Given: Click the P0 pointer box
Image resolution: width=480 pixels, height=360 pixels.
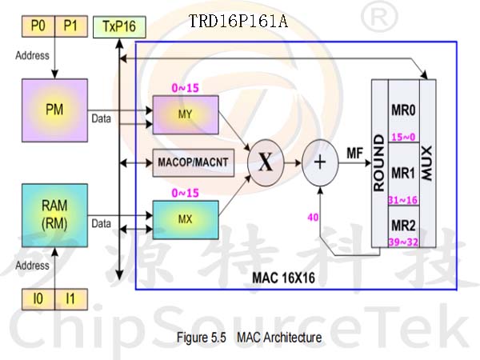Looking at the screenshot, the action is (x=38, y=26).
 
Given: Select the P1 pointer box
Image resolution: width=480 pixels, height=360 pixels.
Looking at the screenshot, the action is (x=71, y=26).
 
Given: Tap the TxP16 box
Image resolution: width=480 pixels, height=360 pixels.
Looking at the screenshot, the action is (x=119, y=27).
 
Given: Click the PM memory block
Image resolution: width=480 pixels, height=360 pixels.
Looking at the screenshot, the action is (x=54, y=110).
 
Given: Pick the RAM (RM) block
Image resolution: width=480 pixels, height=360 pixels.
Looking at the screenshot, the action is (x=54, y=215).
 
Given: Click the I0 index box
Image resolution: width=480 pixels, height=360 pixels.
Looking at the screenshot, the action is (x=38, y=299).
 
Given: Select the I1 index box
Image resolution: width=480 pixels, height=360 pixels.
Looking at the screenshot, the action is (x=71, y=299).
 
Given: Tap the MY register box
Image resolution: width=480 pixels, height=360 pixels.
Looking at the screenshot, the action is (x=186, y=114).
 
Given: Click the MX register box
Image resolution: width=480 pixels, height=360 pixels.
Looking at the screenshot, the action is (x=186, y=220).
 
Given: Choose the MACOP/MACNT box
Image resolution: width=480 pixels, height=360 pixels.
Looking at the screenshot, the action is (x=193, y=162).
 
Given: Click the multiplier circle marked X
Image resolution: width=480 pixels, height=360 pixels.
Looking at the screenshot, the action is (x=266, y=162).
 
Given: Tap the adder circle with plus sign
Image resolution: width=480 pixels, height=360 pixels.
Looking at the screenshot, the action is (x=320, y=162).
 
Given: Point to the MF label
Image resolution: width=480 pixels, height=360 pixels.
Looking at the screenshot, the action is (x=354, y=153).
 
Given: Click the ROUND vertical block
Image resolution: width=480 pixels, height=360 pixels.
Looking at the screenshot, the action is (x=379, y=163).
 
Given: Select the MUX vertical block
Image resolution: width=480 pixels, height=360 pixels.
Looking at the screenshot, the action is (x=427, y=163).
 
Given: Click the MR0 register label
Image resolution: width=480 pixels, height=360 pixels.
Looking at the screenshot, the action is (x=403, y=110).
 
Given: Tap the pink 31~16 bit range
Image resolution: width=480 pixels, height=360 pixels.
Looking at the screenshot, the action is (x=403, y=200).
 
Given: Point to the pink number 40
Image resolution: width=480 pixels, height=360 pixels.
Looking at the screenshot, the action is (x=313, y=218).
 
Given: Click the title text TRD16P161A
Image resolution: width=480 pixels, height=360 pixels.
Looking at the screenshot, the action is (x=238, y=22).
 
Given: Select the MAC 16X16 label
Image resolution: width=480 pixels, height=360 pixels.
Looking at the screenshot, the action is (x=283, y=278).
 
